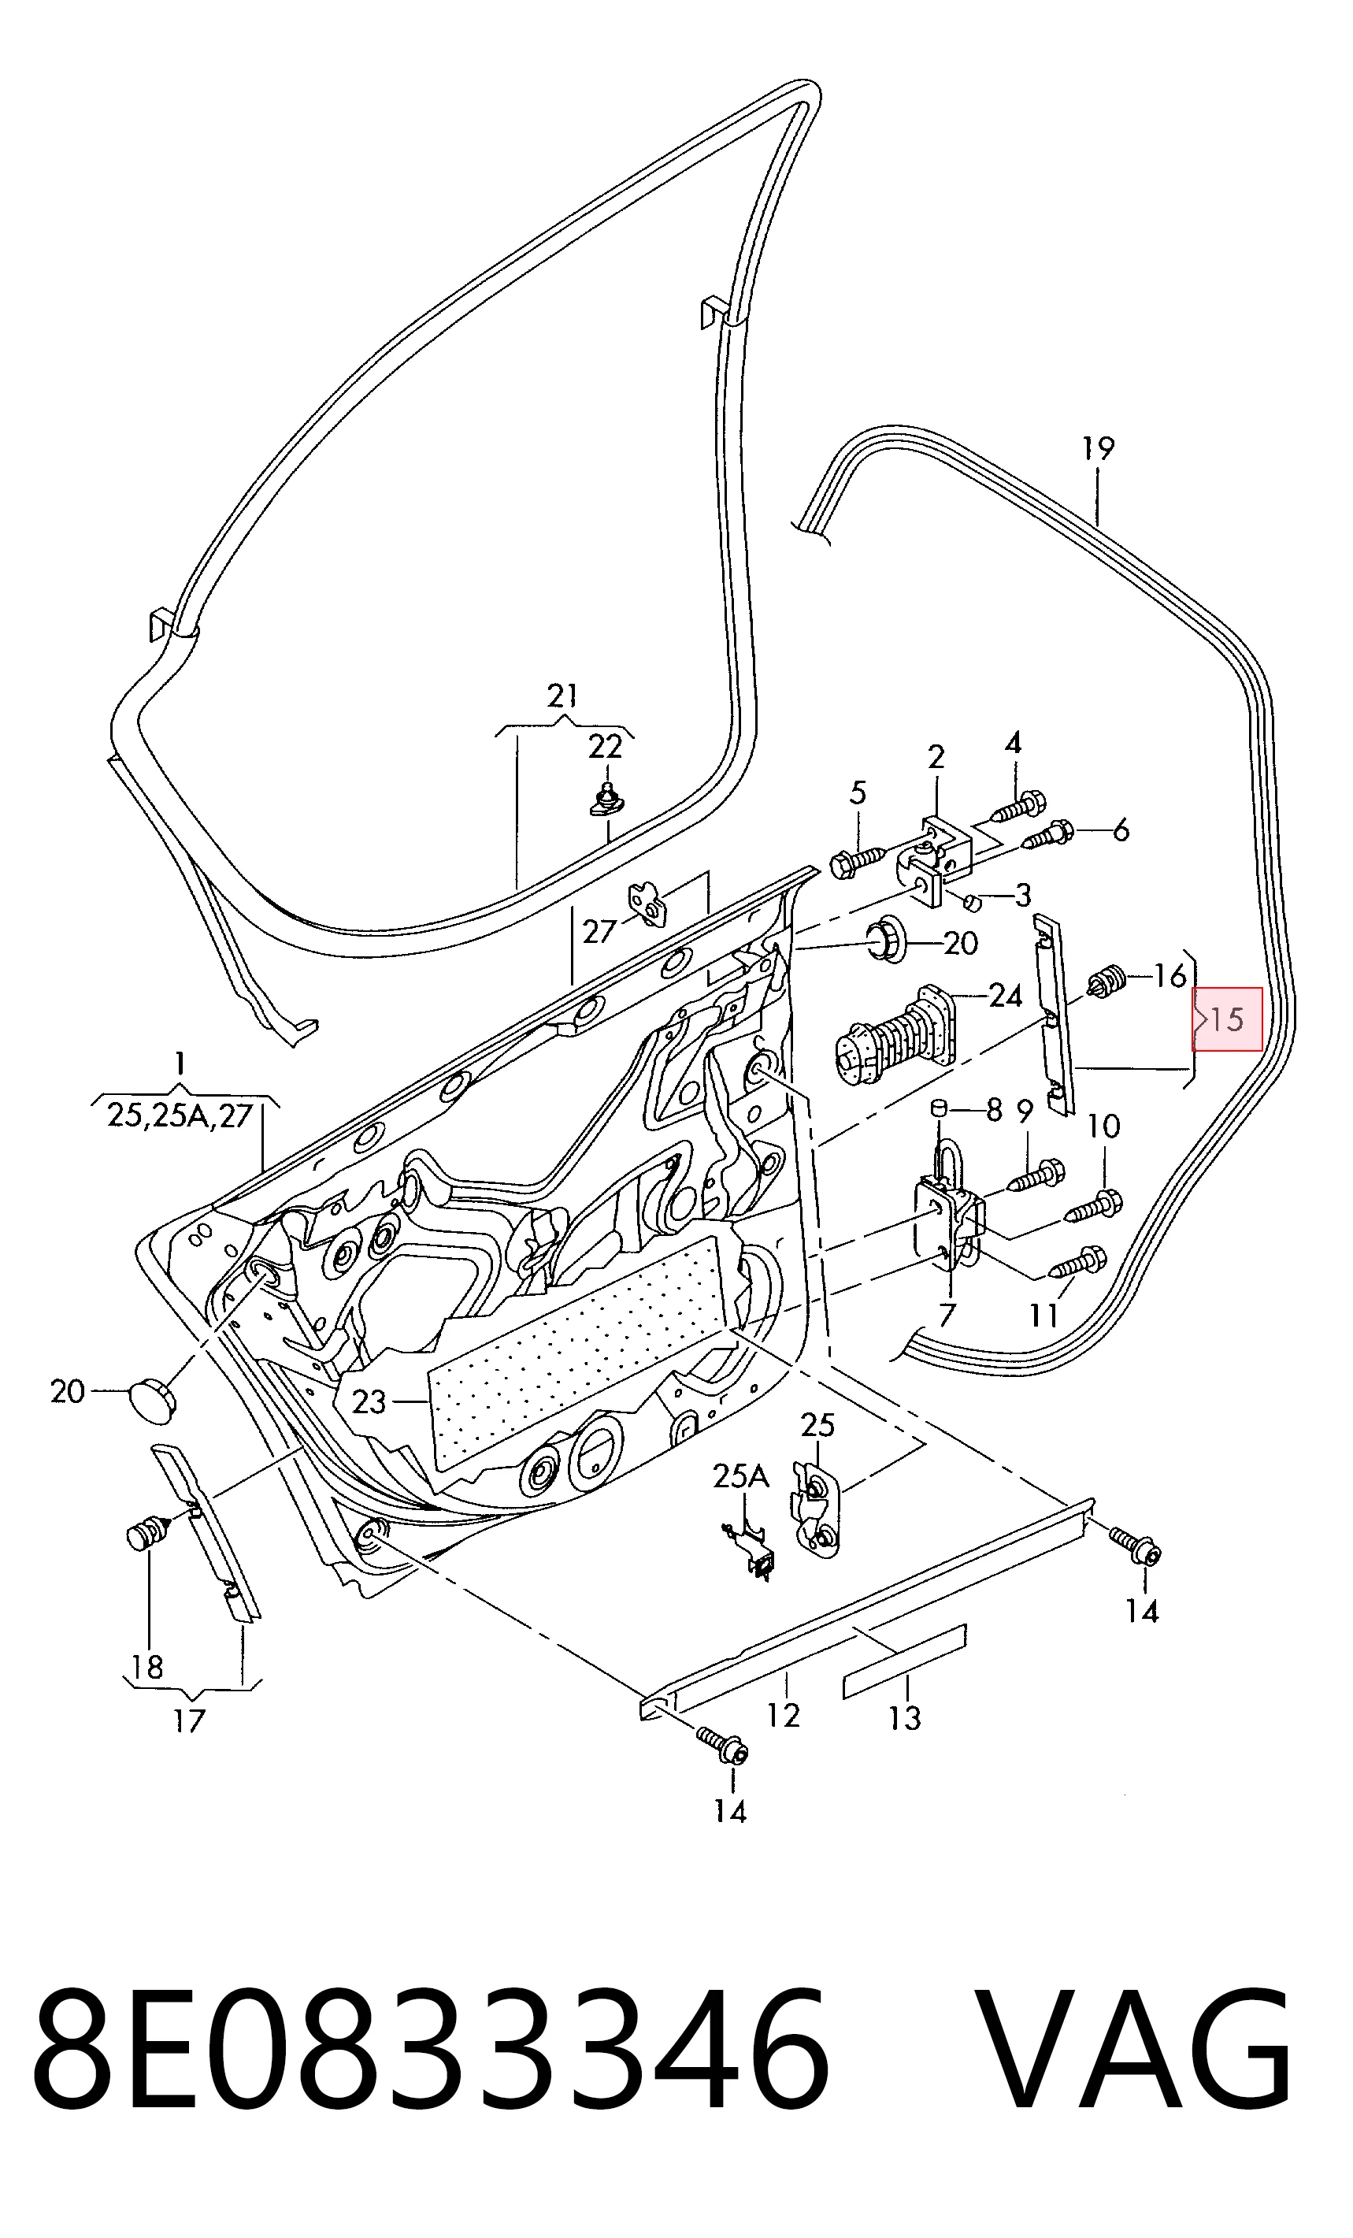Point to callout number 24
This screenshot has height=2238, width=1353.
pos(1004,997)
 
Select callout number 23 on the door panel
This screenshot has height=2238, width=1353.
pos(369,1401)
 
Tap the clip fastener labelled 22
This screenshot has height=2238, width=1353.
pos(606,800)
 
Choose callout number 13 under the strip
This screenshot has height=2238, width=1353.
pos(904,1717)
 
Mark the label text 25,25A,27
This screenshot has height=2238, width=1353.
pos(180,1115)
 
